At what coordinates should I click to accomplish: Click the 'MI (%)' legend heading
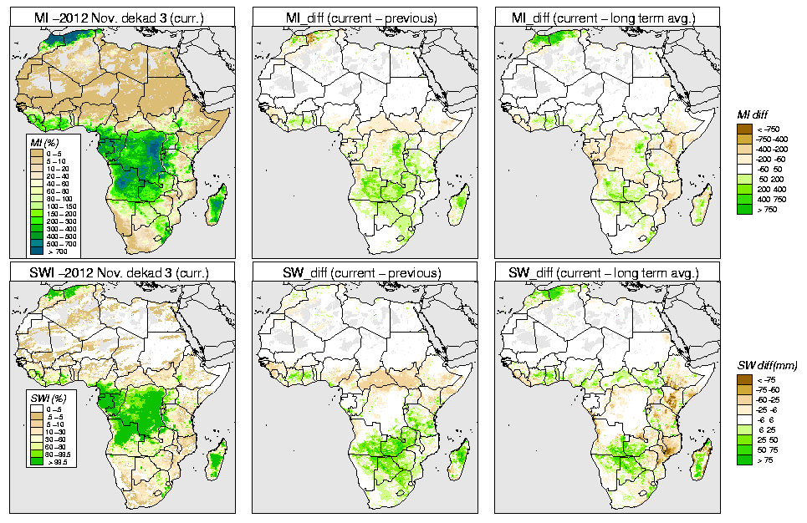[38, 143]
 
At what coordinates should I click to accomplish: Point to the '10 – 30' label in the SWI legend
[59, 433]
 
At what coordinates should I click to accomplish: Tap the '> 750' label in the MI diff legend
[765, 209]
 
